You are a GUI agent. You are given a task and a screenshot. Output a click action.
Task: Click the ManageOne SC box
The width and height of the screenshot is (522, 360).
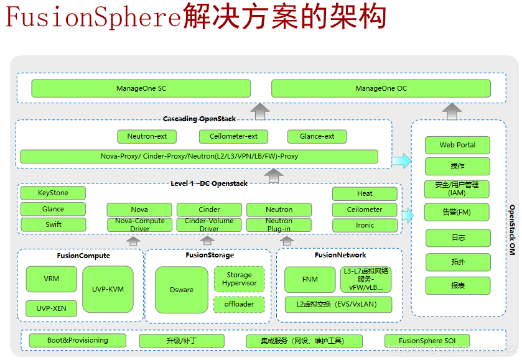141,88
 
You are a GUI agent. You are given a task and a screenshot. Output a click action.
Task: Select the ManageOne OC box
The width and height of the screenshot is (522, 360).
381,88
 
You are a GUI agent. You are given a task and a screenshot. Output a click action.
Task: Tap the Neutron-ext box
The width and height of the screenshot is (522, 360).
147,136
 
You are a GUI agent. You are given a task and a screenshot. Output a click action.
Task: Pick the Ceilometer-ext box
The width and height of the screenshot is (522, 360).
233,136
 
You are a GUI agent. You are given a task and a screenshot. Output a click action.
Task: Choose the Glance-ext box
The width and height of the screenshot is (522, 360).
317,136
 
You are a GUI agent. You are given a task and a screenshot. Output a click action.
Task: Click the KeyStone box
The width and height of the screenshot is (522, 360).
53,193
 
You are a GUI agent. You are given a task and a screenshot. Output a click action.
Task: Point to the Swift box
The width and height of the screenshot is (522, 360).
53,224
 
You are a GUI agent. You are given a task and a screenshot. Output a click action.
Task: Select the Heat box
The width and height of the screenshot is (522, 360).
365,193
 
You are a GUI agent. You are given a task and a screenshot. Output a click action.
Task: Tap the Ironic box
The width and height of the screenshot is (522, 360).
365,225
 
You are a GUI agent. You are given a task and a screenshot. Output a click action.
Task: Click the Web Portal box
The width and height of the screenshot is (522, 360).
457,145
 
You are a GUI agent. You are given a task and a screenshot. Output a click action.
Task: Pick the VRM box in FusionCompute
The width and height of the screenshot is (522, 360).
52,279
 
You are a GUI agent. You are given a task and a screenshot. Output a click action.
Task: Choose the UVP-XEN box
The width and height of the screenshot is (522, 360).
52,308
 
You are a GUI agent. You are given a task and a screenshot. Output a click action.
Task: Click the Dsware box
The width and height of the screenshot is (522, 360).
182,290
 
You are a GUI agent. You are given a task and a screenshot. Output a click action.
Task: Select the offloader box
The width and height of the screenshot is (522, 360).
239,305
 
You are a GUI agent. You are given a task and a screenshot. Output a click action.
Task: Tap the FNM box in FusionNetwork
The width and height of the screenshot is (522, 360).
310,279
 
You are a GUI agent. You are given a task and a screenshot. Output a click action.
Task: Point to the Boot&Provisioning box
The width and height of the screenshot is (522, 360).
78,340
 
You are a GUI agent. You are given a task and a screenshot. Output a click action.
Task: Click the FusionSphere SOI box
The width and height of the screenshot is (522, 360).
427,341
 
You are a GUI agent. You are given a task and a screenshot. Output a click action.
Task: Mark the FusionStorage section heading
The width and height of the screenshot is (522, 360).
210,255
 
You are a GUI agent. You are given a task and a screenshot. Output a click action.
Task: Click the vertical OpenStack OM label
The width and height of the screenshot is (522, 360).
512,230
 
